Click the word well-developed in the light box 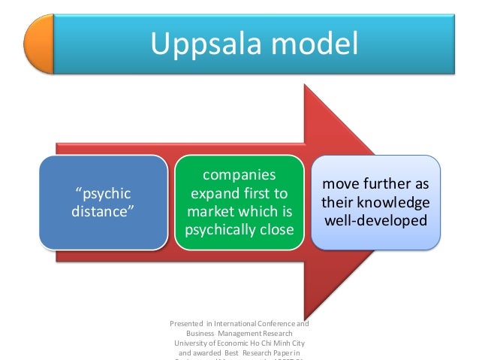tap(375, 221)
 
